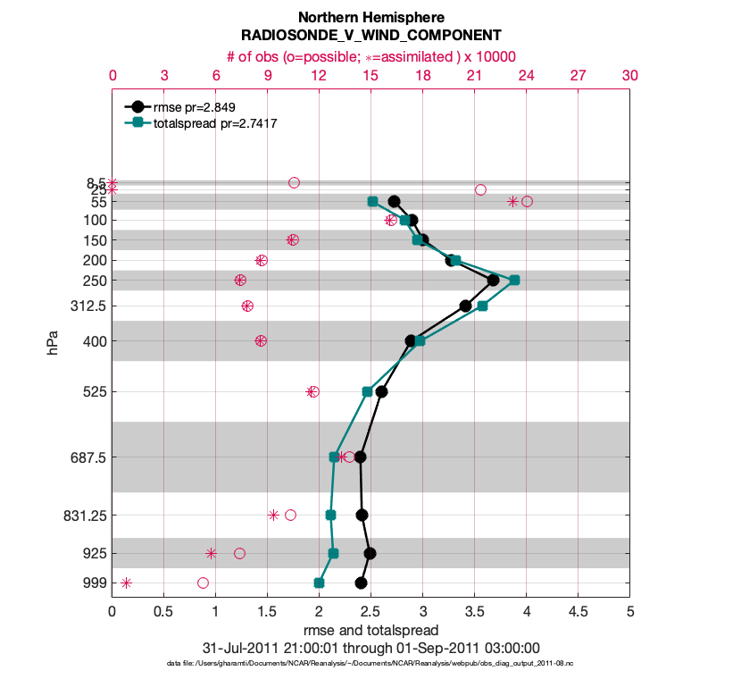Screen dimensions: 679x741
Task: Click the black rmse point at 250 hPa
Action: point(493,280)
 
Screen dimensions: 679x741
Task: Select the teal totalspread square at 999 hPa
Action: point(319,583)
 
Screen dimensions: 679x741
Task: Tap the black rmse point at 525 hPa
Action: point(381,391)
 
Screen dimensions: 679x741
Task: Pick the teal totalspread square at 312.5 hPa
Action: point(482,306)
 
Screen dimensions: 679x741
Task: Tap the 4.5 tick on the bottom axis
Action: point(578,613)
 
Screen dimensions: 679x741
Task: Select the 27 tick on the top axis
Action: point(578,76)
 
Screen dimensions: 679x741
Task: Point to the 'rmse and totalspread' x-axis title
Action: point(370,630)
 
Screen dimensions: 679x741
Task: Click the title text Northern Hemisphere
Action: point(370,18)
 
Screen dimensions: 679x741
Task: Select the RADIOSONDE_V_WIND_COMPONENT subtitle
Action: point(370,37)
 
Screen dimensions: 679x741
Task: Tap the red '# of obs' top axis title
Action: point(370,55)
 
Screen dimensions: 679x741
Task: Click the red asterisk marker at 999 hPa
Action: point(126,583)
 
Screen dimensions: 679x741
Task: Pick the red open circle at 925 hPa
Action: point(239,553)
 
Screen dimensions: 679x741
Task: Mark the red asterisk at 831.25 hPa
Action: point(273,515)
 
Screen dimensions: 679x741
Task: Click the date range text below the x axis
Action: point(370,648)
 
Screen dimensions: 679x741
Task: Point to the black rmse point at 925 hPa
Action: point(370,553)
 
